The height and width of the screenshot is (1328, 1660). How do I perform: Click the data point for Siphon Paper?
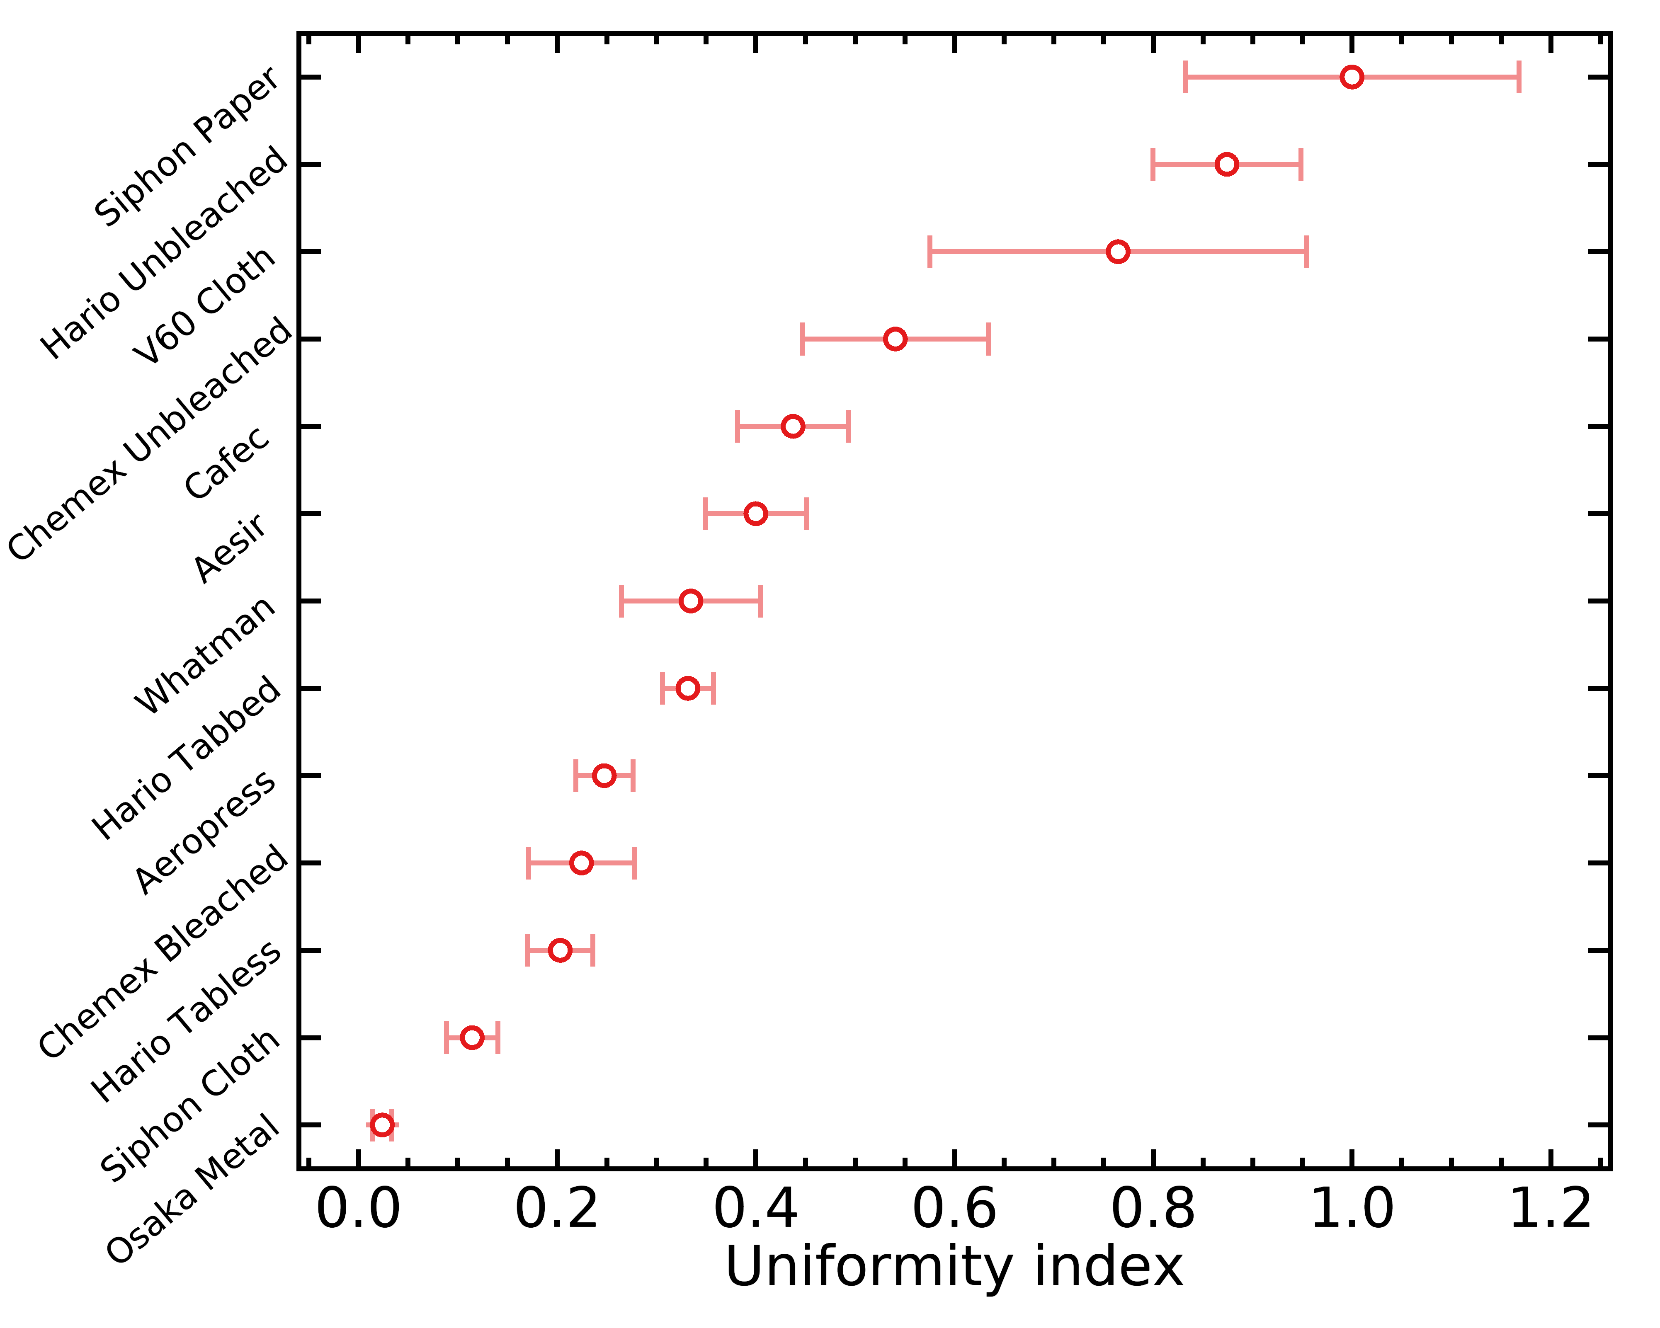point(1351,77)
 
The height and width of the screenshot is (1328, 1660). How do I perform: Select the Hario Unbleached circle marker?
point(1226,164)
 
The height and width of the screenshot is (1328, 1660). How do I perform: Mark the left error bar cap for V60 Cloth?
point(930,252)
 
